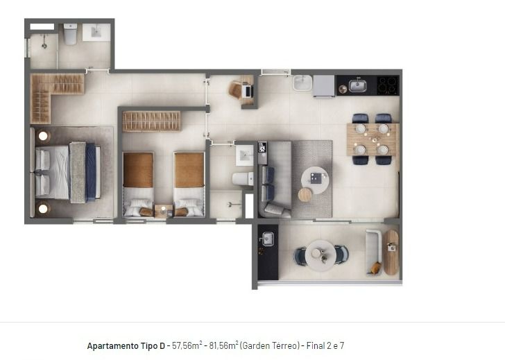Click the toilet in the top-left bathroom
click(70, 34)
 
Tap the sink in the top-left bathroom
click(96, 32)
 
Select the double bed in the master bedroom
click(68, 173)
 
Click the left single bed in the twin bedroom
click(138, 184)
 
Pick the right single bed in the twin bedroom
click(189, 184)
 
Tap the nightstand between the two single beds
click(164, 211)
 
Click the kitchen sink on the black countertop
click(357, 85)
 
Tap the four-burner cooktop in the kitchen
click(388, 85)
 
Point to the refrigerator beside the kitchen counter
click(324, 86)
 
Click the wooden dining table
click(373, 139)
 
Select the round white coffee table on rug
click(315, 180)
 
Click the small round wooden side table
click(305, 195)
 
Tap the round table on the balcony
click(321, 255)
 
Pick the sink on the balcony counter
click(268, 239)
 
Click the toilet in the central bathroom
click(243, 179)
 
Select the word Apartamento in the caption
click(112, 346)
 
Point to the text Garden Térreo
click(270, 346)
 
